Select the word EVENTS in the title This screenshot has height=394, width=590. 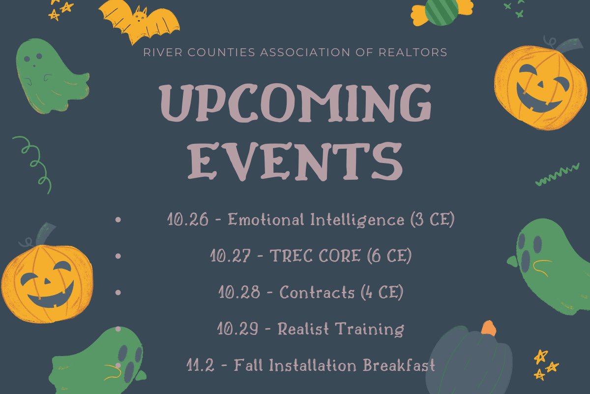click(295, 161)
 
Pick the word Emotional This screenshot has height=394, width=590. click(265, 220)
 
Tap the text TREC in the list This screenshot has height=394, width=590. click(291, 256)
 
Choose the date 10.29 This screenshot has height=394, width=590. click(238, 328)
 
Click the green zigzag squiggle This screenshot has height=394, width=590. click(557, 175)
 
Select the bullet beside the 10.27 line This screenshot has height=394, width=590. click(118, 256)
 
